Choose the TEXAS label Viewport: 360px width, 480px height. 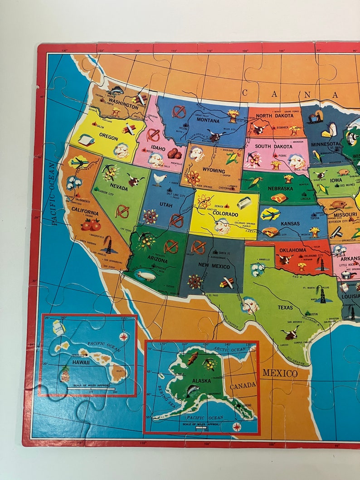click(286, 308)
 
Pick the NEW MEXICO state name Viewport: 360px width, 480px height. click(214, 266)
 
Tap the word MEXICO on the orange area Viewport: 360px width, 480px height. click(280, 373)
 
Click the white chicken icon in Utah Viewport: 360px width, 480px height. click(159, 179)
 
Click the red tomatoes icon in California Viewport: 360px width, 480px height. click(91, 224)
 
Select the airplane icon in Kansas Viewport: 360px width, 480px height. click(270, 214)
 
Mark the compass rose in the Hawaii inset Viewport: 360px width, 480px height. click(123, 336)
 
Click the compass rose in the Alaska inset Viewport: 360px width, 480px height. click(236, 427)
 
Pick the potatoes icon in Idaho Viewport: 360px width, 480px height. click(174, 153)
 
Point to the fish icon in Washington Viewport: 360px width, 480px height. click(116, 90)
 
